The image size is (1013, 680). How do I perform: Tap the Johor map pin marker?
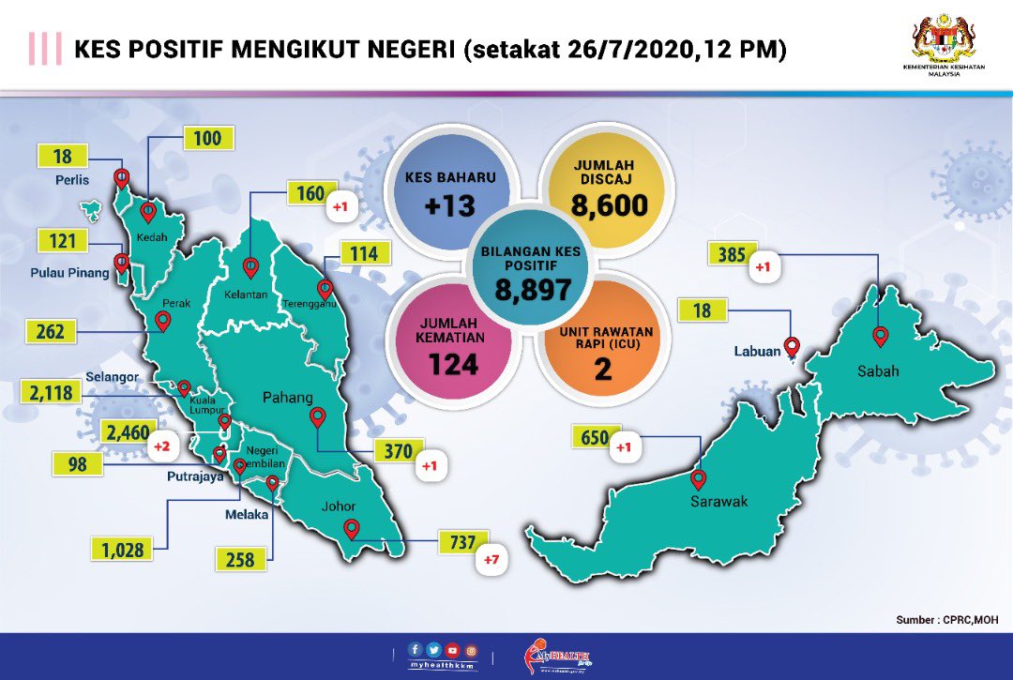[352, 529]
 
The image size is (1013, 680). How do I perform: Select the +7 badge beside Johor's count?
[491, 561]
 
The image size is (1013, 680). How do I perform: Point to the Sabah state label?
[877, 370]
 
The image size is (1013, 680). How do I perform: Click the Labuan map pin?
[792, 347]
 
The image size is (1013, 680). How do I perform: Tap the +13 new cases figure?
[450, 205]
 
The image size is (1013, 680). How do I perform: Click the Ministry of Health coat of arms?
[945, 39]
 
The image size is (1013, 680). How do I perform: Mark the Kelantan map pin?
[250, 268]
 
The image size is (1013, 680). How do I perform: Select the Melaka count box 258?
[239, 560]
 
